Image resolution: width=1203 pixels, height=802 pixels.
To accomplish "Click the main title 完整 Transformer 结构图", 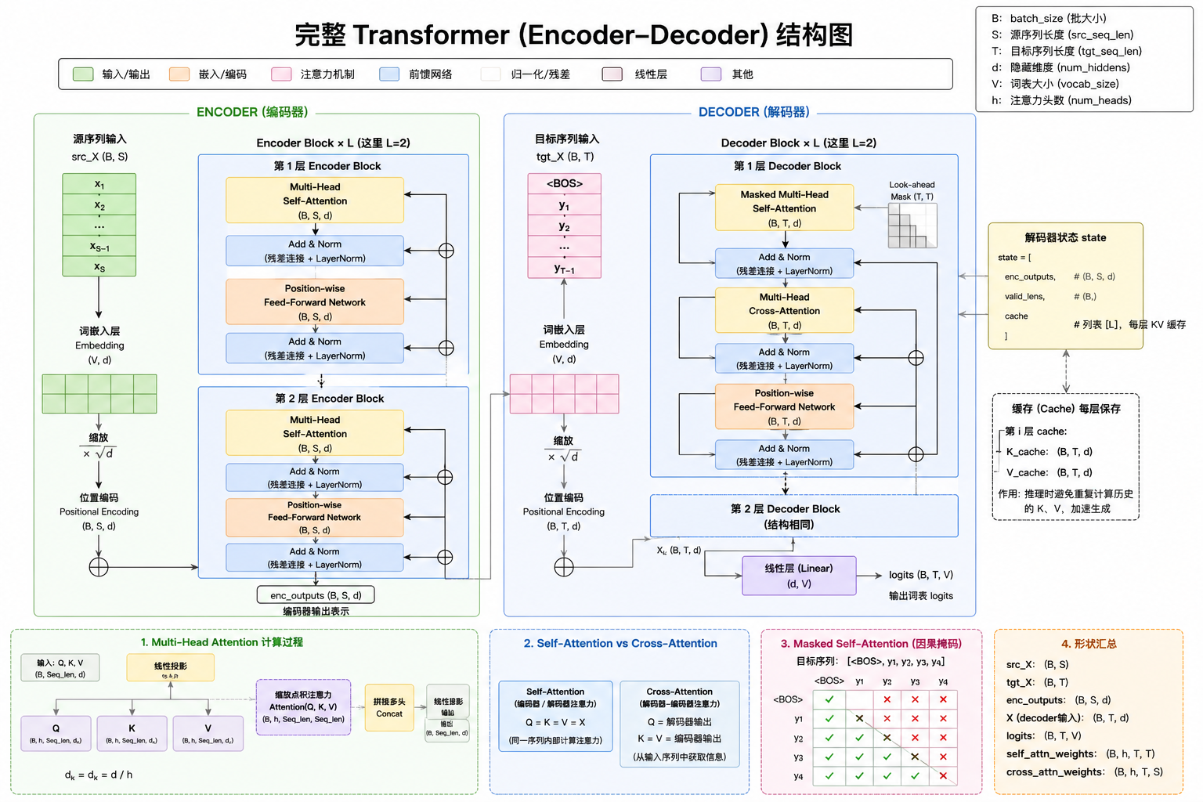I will [573, 35].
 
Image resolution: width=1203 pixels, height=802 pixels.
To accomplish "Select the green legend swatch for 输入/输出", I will [83, 74].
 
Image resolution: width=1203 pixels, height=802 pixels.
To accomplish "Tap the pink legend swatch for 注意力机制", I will [281, 74].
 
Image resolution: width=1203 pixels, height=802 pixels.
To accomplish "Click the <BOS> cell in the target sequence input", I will [564, 183].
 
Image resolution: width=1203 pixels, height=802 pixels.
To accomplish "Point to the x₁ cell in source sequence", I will [99, 184].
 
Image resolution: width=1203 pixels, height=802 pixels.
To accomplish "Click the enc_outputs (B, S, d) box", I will [316, 595].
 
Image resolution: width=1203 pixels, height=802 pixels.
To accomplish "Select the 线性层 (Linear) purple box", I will [799, 576].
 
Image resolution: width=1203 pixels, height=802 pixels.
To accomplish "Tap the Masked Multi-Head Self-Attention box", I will [784, 208].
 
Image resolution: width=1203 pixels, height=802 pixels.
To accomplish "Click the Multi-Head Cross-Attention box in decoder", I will [784, 311].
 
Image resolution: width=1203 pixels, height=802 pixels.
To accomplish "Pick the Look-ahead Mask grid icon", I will [912, 226].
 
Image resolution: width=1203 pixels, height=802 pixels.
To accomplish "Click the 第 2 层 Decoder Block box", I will [804, 516].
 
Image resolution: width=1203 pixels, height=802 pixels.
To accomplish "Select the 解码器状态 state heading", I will [1065, 237].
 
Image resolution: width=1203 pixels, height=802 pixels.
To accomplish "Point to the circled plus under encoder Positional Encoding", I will [99, 567].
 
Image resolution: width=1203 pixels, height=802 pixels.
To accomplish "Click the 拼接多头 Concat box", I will [389, 707].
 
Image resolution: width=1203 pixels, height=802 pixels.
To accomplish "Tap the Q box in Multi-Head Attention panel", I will [56, 733].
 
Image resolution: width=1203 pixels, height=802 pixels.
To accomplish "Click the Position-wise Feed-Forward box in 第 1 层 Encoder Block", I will [315, 302].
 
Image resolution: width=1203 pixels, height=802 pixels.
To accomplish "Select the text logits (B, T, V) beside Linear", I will [920, 575].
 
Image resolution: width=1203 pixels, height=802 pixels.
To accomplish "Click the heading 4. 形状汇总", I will [1089, 644].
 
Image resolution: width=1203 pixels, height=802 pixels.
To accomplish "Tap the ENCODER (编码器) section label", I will [252, 112].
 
